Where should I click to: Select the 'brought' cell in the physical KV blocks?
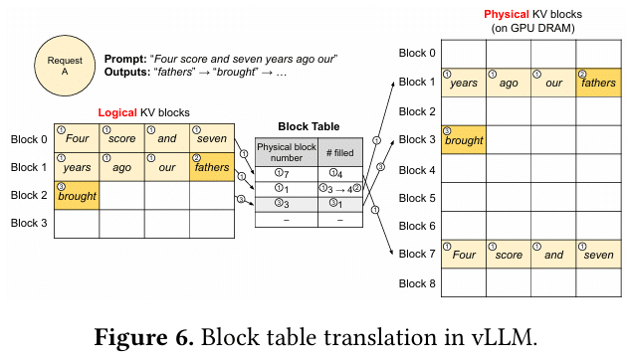463,139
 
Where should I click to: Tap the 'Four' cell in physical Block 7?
463,254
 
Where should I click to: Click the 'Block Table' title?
308,126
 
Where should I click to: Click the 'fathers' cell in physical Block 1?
597,82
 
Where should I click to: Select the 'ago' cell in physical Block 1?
508,82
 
